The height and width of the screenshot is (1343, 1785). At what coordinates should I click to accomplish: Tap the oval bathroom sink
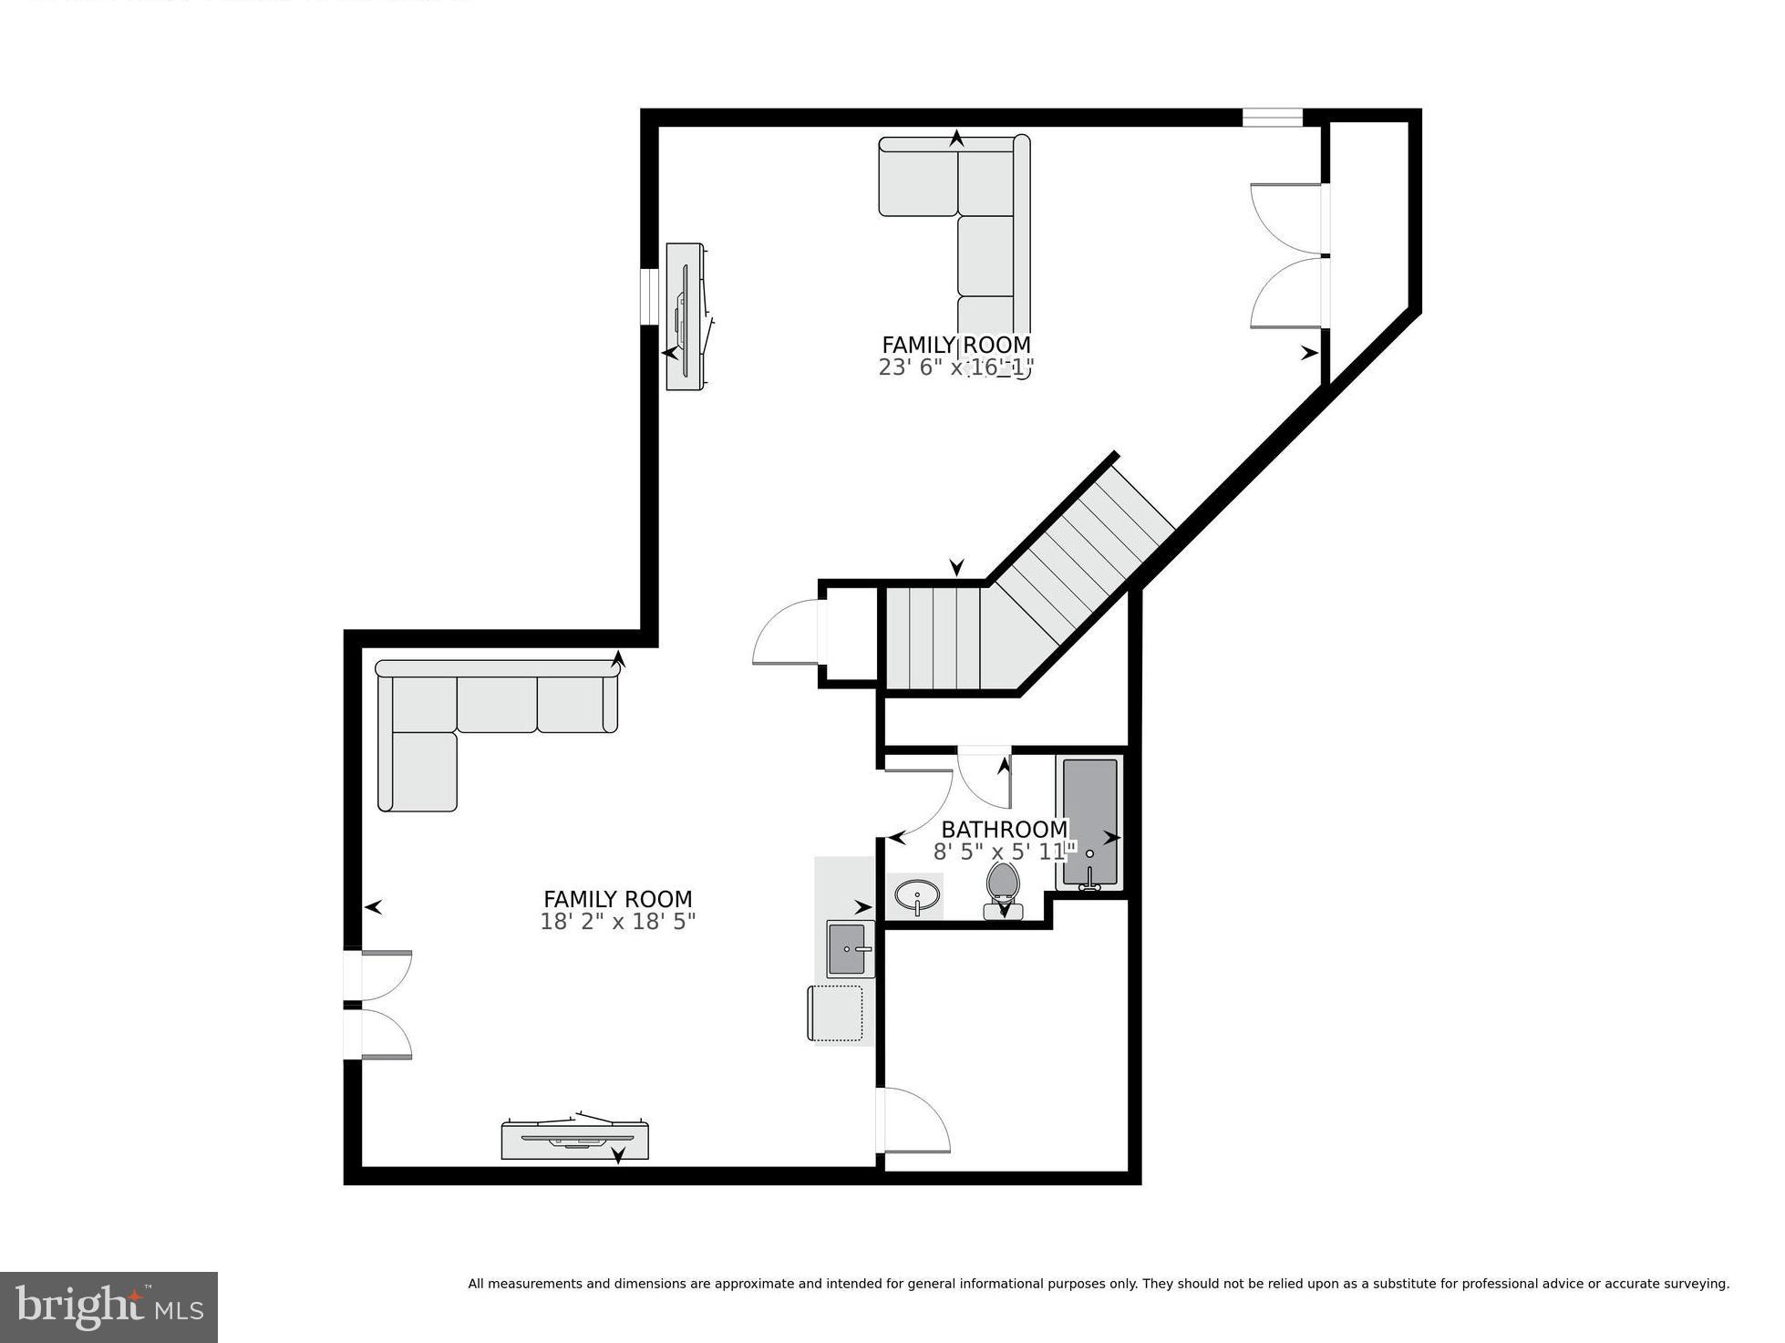pyautogui.click(x=914, y=896)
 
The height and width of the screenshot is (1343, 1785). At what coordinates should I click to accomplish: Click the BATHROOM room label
pyautogui.click(x=1004, y=830)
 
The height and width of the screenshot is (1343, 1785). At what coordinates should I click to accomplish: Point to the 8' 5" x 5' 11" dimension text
pyautogui.click(x=1004, y=852)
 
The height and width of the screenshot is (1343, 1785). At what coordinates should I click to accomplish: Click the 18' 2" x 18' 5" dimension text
pyautogui.click(x=617, y=922)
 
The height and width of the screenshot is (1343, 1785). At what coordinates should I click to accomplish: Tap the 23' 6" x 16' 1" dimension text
pyautogui.click(x=955, y=367)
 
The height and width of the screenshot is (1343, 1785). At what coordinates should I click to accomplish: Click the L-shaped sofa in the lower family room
pyautogui.click(x=474, y=720)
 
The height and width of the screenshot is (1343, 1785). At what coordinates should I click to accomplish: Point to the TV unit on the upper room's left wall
pyautogui.click(x=685, y=316)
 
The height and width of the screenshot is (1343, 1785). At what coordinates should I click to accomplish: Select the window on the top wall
pyautogui.click(x=1273, y=118)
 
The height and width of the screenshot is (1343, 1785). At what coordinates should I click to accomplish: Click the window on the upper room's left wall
pyautogui.click(x=649, y=296)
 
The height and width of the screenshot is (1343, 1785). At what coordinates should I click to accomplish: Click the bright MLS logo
pyautogui.click(x=108, y=1307)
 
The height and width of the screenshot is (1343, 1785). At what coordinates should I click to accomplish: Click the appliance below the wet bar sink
pyautogui.click(x=836, y=1012)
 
